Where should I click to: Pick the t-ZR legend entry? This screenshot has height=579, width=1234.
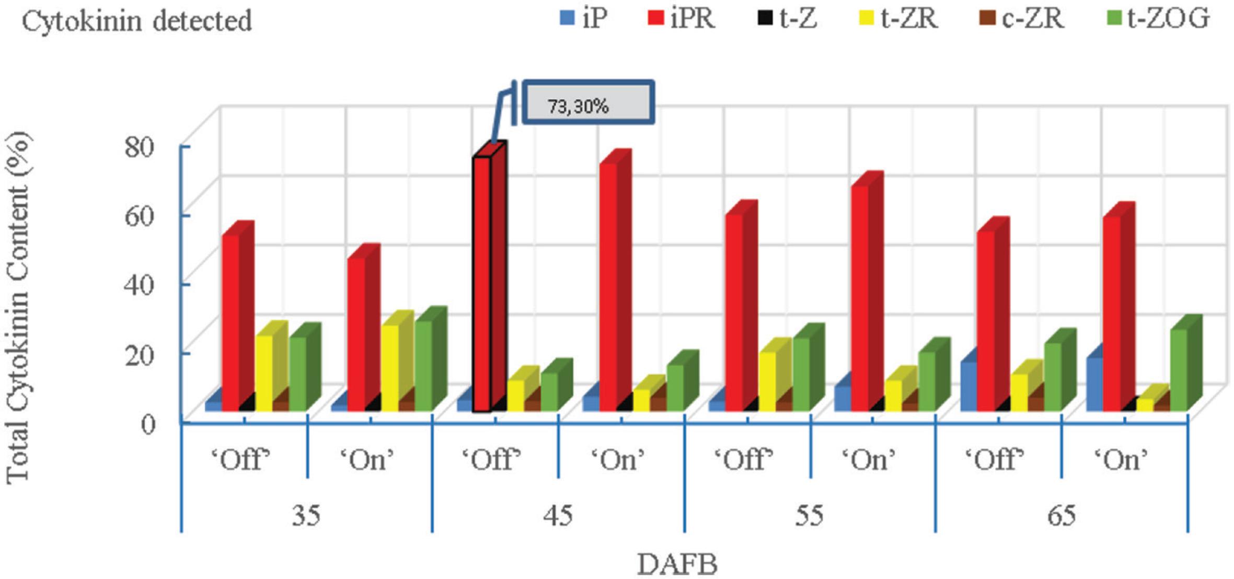(x=898, y=19)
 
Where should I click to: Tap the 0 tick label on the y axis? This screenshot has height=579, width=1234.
(x=148, y=423)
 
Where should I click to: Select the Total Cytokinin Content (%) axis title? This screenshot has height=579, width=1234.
(x=19, y=308)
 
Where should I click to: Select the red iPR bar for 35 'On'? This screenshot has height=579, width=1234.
(x=356, y=334)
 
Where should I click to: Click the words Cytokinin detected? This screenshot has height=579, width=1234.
(x=137, y=21)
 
